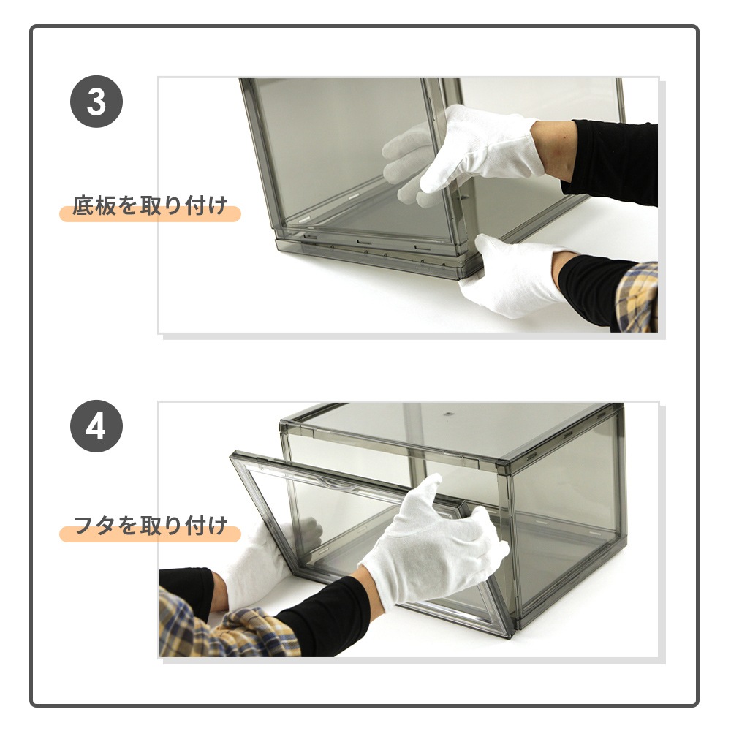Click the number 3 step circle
pos(96,102)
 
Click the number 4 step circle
pos(96,426)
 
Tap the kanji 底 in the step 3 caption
pos(83,205)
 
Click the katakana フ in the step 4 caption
pos(84,526)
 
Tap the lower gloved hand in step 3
pos(513,275)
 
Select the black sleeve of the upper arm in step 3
pos(610,161)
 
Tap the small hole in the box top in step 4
pos(448,414)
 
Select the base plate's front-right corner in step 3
pos(466,279)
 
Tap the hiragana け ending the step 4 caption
pos(218,526)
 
